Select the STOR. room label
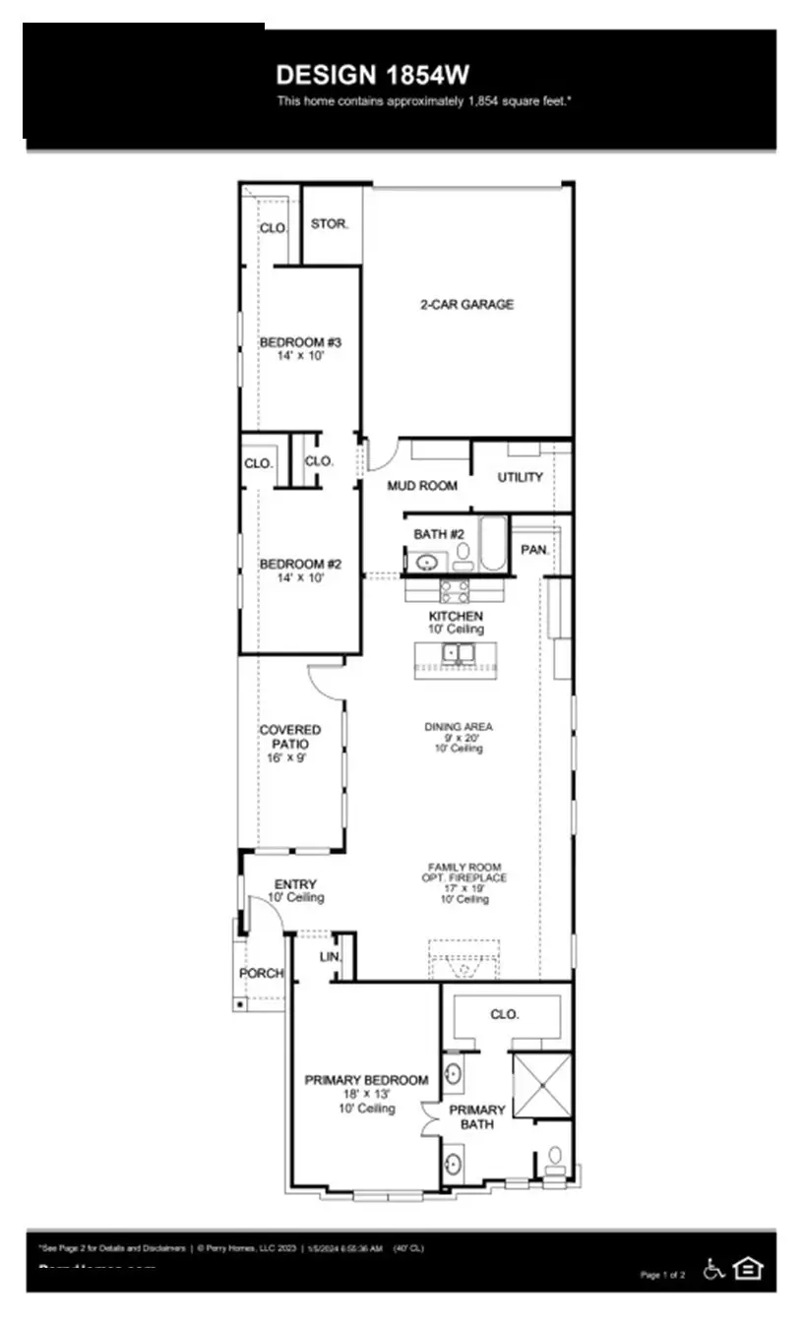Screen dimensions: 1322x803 [330, 224]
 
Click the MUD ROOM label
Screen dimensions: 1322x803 [422, 486]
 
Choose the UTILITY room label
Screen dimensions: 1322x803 [521, 478]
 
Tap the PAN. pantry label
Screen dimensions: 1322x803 [534, 550]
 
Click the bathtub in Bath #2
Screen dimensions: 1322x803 [492, 544]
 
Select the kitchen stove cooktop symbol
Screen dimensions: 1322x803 [455, 590]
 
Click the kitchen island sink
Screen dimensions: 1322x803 [457, 652]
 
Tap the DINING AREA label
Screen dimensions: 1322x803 [459, 727]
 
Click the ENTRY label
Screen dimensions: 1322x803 [295, 885]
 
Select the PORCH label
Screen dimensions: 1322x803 [261, 974]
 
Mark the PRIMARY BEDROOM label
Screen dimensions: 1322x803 [366, 1080]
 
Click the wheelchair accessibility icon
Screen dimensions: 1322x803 [714, 1269]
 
